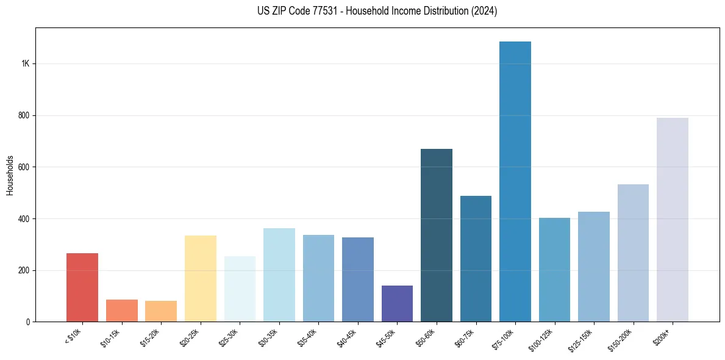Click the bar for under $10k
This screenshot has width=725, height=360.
tap(82, 287)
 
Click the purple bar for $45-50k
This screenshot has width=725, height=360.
tap(397, 303)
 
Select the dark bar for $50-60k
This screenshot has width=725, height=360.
tap(437, 235)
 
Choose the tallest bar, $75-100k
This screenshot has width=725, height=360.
tap(515, 181)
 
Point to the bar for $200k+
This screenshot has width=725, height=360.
tap(673, 220)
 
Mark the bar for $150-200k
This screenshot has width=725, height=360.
tap(633, 253)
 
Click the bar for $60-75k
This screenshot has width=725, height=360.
tap(476, 259)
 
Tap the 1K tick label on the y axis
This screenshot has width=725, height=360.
tap(26, 64)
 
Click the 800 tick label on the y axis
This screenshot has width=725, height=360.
tap(24, 115)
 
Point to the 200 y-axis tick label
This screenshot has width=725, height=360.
tap(24, 270)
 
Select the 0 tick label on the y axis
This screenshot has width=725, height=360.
tap(28, 322)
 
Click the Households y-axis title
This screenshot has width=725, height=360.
tap(10, 175)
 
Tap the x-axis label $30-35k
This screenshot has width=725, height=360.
tap(269, 338)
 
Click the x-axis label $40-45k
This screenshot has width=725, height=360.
tap(348, 338)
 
